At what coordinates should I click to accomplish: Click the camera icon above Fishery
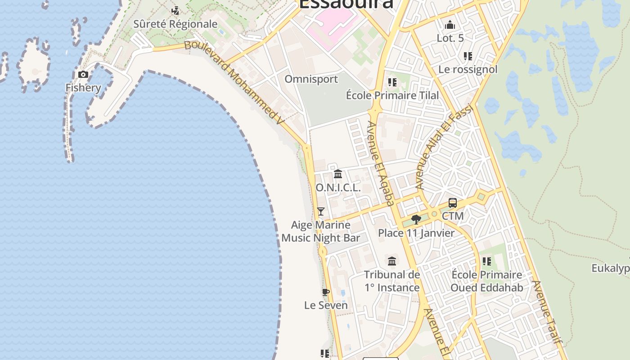(x=83, y=74)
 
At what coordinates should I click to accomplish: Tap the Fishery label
(x=83, y=87)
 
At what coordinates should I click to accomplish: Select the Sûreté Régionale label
(x=175, y=24)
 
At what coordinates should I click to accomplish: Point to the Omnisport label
(x=311, y=79)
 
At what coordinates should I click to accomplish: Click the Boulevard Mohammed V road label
(x=235, y=83)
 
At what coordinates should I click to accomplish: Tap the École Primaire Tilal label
(x=392, y=95)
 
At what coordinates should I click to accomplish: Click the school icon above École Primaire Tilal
(x=392, y=82)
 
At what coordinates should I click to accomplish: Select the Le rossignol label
(x=468, y=69)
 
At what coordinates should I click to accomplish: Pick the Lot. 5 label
(x=450, y=38)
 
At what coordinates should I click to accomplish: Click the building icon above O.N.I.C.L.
(x=338, y=174)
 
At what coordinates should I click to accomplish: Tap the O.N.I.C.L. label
(x=338, y=188)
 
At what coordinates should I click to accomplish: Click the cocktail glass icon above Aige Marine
(x=321, y=211)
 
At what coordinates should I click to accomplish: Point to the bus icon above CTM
(x=453, y=203)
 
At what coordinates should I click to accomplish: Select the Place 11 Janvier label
(x=416, y=233)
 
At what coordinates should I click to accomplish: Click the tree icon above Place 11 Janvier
(x=416, y=220)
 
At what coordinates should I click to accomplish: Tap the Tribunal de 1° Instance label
(x=392, y=281)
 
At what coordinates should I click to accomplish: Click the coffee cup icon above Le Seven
(x=326, y=292)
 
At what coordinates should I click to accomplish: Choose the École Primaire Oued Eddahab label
(x=486, y=281)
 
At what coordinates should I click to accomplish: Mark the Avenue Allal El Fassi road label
(x=445, y=146)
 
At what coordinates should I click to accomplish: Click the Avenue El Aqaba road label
(x=381, y=164)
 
